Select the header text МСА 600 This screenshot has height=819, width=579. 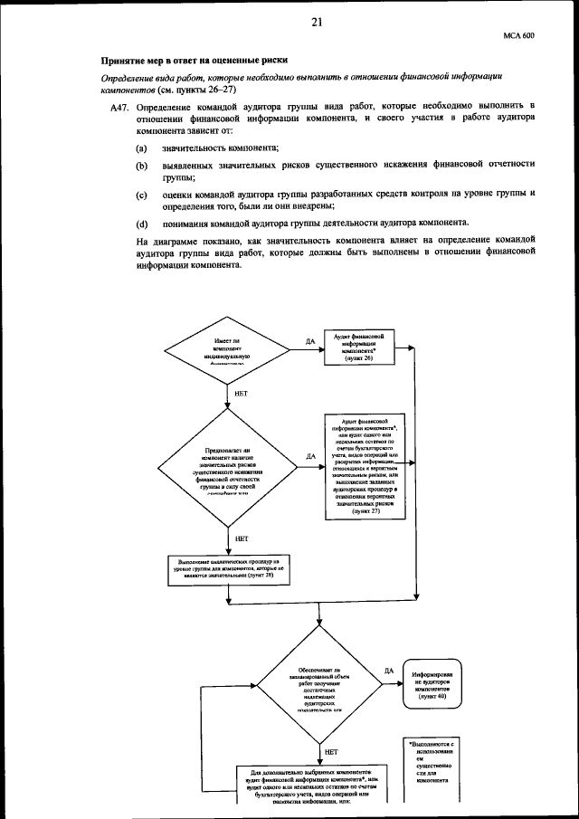click(x=518, y=36)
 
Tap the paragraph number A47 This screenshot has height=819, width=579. click(x=117, y=106)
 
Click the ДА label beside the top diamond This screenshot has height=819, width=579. click(x=310, y=342)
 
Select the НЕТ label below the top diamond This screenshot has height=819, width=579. click(x=241, y=395)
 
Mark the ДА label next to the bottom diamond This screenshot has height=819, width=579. click(x=388, y=671)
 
